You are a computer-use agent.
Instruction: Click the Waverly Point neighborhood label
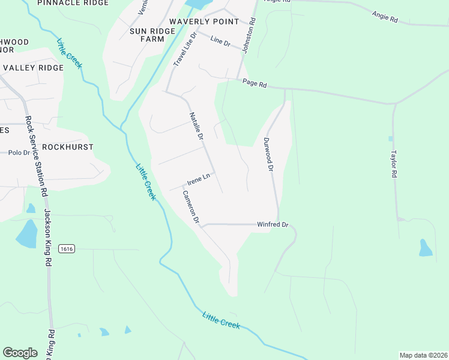point(203,22)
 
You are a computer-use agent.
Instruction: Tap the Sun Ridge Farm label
point(147,34)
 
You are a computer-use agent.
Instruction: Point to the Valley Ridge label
point(33,68)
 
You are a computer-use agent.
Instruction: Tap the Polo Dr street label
point(19,153)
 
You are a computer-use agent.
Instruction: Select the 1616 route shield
point(66,248)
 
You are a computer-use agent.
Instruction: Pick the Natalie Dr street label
point(197,126)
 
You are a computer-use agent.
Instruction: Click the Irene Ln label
point(199,178)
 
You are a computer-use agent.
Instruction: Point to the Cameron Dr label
point(190,207)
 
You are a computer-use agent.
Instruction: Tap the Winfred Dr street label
point(273,225)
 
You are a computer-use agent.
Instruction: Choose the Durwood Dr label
point(268,155)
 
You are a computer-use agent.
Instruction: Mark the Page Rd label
point(255,84)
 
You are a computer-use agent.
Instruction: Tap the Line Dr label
point(221,41)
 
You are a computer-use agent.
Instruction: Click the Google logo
point(20,353)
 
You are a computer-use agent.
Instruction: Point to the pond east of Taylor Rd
point(425,248)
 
